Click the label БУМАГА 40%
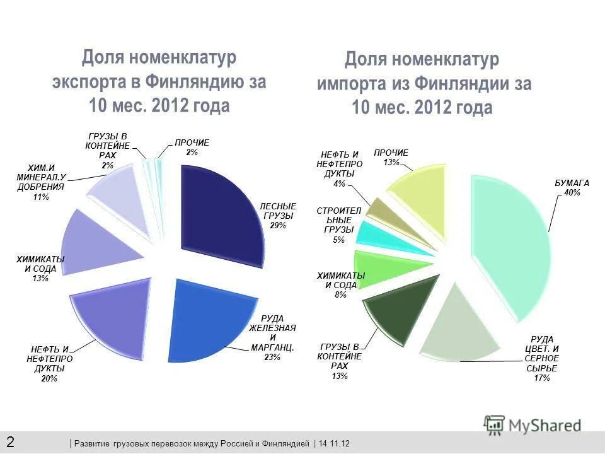pos(572,187)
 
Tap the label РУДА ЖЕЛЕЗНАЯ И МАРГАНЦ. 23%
pos(272,337)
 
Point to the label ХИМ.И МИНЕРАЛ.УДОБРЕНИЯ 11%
pos(40,182)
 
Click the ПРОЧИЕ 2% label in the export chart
pos(192,147)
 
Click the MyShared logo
pos(533,424)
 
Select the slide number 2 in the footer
pos(11,441)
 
